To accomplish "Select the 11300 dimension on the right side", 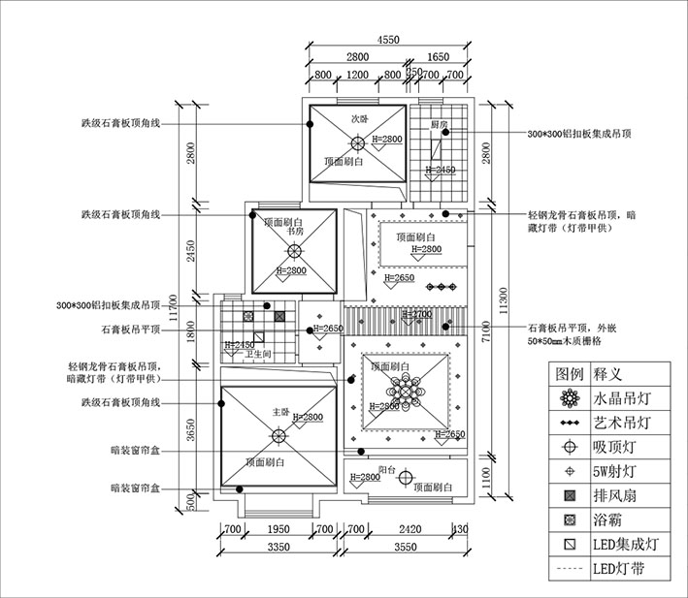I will [501, 295].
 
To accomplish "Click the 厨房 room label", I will [440, 126].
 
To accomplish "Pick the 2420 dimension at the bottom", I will [411, 530].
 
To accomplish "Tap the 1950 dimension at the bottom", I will [278, 530].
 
